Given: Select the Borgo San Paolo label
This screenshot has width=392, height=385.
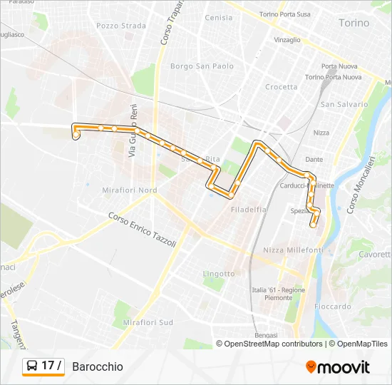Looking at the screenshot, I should (x=202, y=66).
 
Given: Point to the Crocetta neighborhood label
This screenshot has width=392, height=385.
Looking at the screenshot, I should (x=281, y=87).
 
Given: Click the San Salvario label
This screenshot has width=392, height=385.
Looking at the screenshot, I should (x=344, y=104).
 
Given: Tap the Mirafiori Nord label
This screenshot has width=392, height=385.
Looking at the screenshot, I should (x=130, y=190).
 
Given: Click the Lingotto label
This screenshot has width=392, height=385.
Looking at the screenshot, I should (x=218, y=274).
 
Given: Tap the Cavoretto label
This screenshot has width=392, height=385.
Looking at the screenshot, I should (x=374, y=254).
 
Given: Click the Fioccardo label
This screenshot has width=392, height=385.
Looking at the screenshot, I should (x=332, y=307).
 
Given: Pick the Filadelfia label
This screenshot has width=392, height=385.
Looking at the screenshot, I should (x=249, y=210).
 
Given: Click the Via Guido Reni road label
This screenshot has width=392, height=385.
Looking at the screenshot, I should (x=132, y=131).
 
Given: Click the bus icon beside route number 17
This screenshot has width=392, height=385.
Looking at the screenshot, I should (x=32, y=366).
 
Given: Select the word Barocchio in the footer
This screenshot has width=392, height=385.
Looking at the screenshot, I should (x=97, y=366).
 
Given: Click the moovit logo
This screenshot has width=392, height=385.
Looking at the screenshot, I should (x=338, y=367).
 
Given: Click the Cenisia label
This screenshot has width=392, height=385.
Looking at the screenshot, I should (x=218, y=18).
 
